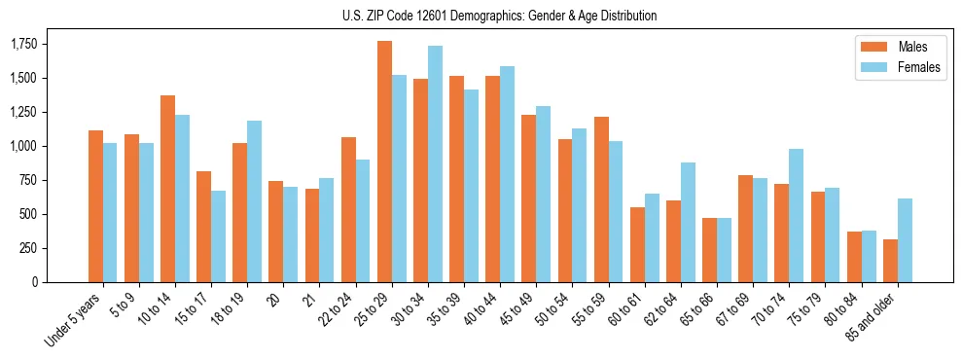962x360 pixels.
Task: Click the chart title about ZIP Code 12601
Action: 500,16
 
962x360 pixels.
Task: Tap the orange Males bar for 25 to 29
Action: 384,162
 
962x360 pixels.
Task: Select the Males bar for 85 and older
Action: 890,261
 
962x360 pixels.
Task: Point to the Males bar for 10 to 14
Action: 167,189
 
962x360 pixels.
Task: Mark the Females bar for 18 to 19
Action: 254,201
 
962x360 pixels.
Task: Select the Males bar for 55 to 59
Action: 601,199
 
